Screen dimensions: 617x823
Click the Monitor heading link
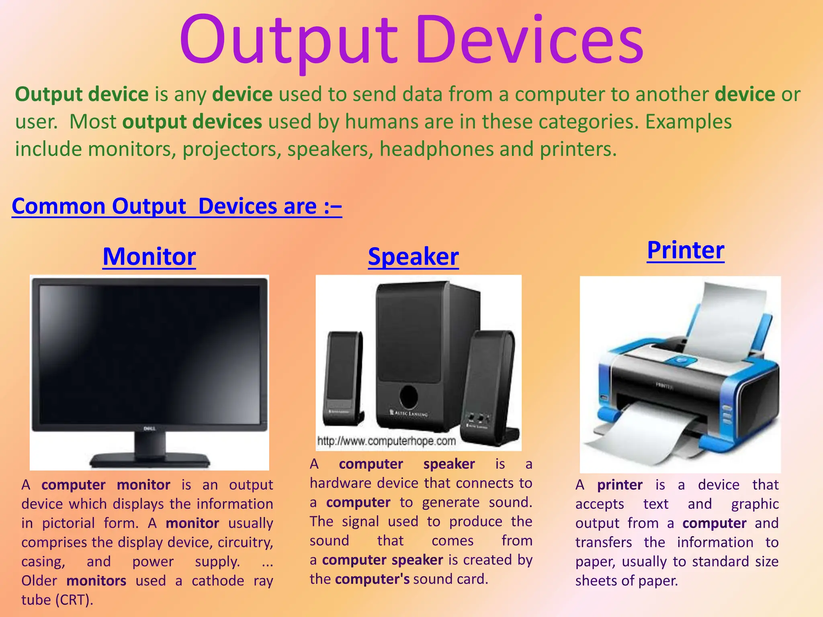click(149, 257)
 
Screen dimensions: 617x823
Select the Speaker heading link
click(413, 257)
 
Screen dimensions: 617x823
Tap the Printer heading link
click(686, 250)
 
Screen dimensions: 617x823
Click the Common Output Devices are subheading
click(177, 206)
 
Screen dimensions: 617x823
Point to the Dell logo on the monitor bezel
click(149, 429)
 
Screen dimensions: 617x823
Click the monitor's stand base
click(149, 460)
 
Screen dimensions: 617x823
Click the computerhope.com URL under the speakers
click(386, 441)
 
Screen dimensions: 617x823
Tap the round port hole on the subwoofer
click(408, 396)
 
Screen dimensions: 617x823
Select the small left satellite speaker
click(343, 378)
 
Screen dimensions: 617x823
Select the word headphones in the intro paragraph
click(436, 149)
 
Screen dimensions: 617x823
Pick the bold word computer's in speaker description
click(372, 579)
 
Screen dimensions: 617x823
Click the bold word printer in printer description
click(620, 485)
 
